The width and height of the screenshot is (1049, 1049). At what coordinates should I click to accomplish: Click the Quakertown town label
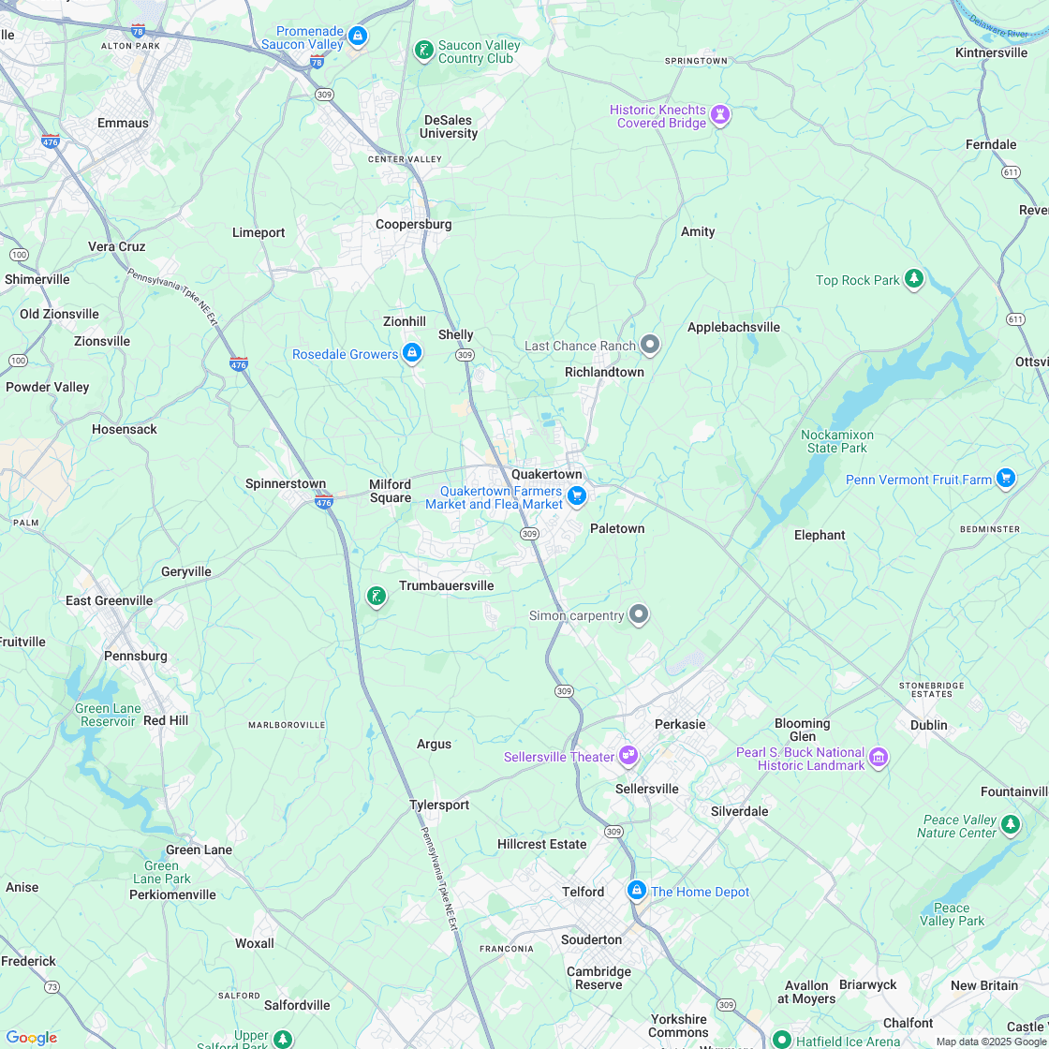click(546, 474)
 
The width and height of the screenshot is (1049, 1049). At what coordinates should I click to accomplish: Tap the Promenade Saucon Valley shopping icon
click(357, 37)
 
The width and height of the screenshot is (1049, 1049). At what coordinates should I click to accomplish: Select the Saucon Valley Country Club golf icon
click(423, 51)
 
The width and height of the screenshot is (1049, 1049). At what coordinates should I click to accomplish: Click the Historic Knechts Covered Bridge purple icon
click(719, 115)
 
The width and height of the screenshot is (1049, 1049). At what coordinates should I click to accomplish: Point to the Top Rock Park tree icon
click(914, 279)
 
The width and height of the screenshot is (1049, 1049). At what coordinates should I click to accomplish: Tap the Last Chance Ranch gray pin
click(650, 346)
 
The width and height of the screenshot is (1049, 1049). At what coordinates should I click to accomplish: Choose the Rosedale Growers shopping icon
click(411, 353)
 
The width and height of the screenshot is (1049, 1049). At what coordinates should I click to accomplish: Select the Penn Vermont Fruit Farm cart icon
click(1006, 479)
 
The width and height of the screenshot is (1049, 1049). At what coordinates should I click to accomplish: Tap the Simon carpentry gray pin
click(639, 614)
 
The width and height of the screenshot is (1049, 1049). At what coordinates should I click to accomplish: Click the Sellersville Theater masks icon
click(628, 756)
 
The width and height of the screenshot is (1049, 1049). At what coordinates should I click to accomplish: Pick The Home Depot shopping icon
click(637, 891)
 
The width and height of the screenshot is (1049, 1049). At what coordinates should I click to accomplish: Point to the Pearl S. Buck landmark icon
click(879, 758)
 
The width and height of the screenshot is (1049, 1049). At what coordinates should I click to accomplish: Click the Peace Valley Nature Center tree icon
click(1010, 824)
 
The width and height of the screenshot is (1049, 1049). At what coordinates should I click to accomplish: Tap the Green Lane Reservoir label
click(108, 715)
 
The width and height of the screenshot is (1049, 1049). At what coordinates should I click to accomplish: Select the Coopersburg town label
click(413, 224)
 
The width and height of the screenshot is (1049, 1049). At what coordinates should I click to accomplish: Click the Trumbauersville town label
click(446, 585)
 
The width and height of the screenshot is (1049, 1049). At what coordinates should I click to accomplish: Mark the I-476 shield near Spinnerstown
click(324, 502)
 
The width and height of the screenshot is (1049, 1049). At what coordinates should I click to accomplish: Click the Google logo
click(31, 1037)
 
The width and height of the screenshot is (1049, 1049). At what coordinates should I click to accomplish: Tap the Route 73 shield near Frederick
click(52, 987)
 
